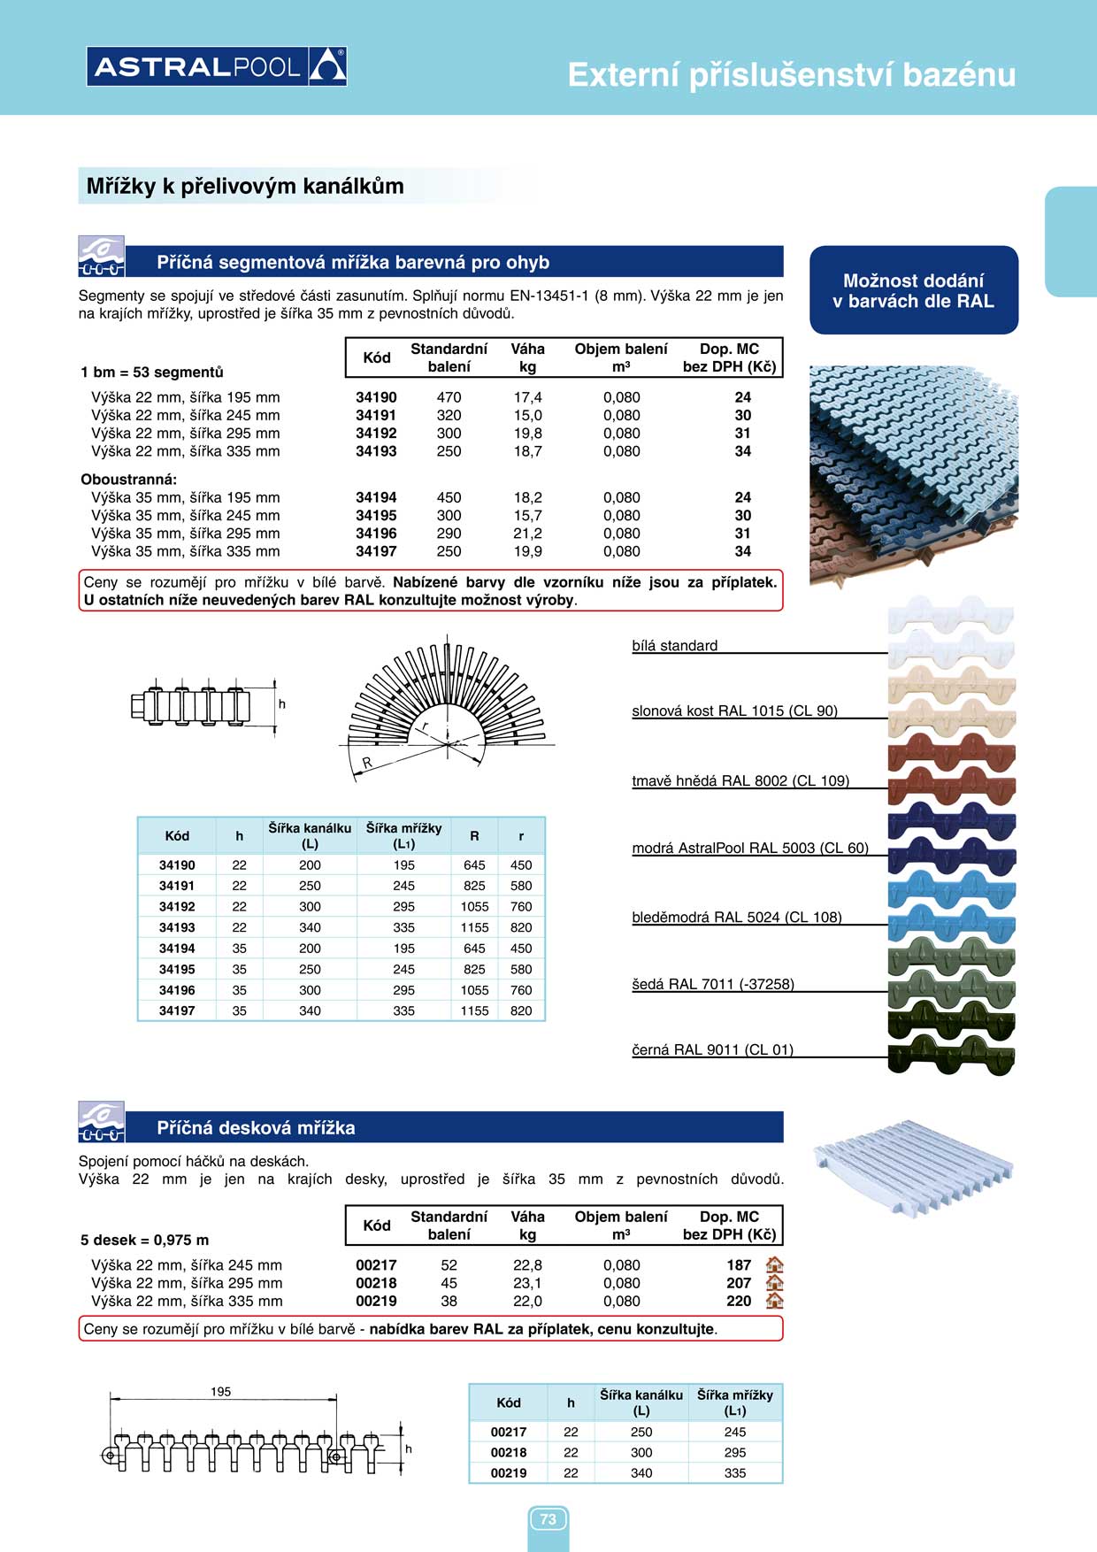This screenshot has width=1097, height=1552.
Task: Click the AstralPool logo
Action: coord(217,66)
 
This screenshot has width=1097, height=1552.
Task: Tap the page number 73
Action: coord(548,1519)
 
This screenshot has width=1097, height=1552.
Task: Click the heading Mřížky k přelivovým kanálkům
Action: coord(245,186)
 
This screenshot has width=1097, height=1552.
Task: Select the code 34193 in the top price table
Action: coord(376,451)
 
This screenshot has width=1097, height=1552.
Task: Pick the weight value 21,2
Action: coord(527,534)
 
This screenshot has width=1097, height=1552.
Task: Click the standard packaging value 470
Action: coord(449,397)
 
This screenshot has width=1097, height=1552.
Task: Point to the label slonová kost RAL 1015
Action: coord(734,711)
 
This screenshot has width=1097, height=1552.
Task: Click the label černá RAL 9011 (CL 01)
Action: coord(712,1049)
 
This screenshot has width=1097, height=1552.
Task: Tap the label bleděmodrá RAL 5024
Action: coord(736,917)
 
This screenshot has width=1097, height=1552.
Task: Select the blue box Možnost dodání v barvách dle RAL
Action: coord(913,290)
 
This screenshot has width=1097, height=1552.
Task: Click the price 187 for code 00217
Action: coord(739,1265)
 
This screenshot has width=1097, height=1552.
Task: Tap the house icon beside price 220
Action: coord(775,1301)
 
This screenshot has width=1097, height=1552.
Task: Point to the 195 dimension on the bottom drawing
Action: coord(221,1392)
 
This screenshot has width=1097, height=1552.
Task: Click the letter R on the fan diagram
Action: coord(367,763)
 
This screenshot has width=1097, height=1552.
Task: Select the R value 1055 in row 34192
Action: coord(474,906)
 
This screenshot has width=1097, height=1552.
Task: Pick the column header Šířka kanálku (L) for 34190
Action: coord(310,835)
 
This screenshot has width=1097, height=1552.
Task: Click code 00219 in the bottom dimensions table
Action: coord(509,1473)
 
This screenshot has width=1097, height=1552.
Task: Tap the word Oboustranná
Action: coord(129,480)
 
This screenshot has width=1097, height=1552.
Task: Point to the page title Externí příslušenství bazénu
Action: coord(791,75)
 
